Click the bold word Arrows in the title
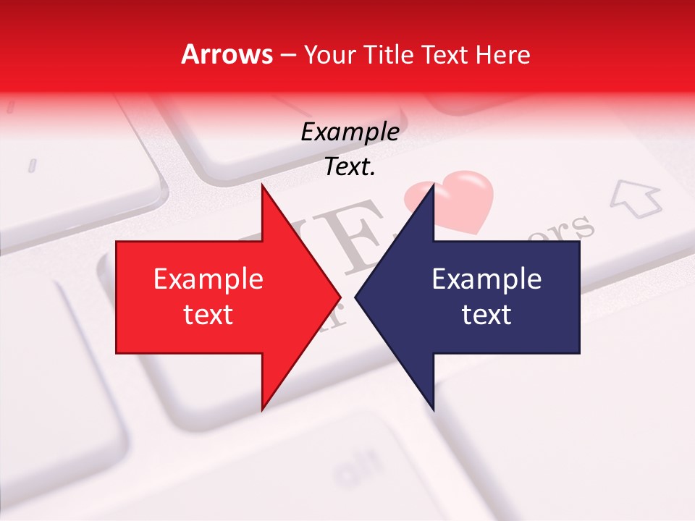pyautogui.click(x=227, y=54)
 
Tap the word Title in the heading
pyautogui.click(x=389, y=54)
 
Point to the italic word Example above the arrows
pyautogui.click(x=350, y=132)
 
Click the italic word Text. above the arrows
pyautogui.click(x=350, y=167)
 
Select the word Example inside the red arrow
pyautogui.click(x=208, y=279)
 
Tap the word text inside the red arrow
pyautogui.click(x=208, y=315)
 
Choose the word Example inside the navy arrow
pyautogui.click(x=486, y=279)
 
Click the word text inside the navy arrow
pyautogui.click(x=486, y=315)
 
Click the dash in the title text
pyautogui.click(x=287, y=55)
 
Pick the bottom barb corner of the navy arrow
pyautogui.click(x=433, y=409)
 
